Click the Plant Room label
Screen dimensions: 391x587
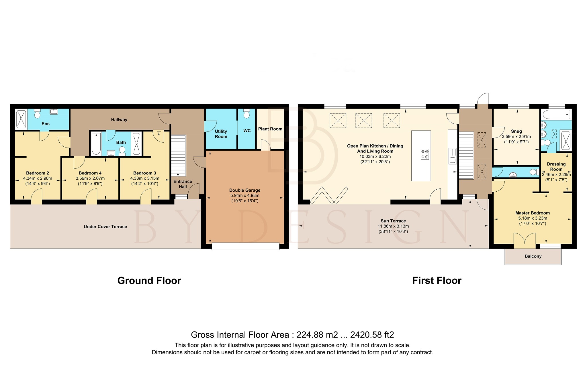(x=270, y=129)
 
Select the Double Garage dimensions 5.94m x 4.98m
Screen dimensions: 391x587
(x=245, y=196)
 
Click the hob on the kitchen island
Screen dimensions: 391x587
(x=425, y=154)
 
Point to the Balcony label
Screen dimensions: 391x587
(x=533, y=256)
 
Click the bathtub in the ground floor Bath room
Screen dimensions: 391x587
(x=96, y=143)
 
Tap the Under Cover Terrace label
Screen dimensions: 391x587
(x=105, y=227)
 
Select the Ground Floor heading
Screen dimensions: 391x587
(x=149, y=280)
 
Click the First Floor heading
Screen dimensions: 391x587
(x=437, y=280)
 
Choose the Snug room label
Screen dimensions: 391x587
(x=516, y=131)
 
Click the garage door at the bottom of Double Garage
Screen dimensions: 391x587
(x=245, y=246)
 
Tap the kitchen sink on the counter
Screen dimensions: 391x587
(x=453, y=160)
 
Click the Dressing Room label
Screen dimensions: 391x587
(x=556, y=166)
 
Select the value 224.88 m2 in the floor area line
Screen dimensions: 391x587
(x=317, y=335)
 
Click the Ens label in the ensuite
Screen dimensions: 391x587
(x=45, y=124)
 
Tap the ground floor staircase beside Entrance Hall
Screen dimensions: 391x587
(x=178, y=155)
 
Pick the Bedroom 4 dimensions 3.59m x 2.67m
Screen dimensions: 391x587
(x=90, y=178)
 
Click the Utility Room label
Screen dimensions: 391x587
(x=221, y=134)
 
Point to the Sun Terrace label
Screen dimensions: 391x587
(x=393, y=221)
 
